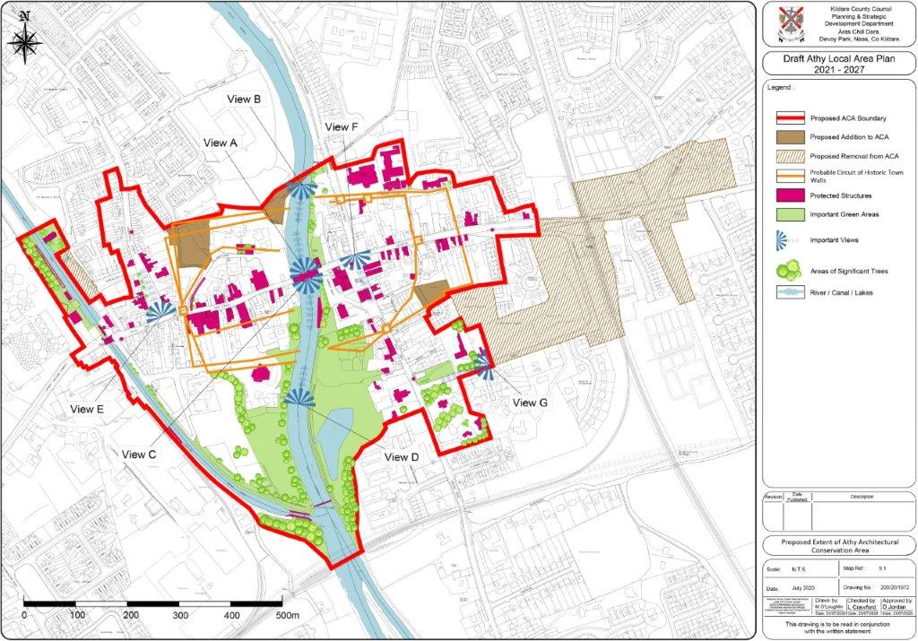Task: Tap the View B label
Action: pos(244,100)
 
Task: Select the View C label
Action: pos(140,455)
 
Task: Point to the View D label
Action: pos(402,457)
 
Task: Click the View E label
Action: pos(88,409)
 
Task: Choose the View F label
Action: pos(341,127)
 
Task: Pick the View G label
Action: pos(530,403)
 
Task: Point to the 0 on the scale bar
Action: pos(23,616)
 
